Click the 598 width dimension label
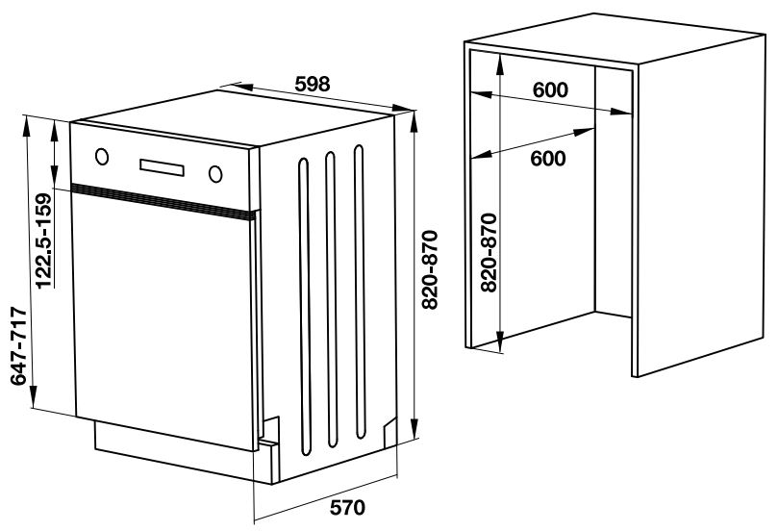pos(313,84)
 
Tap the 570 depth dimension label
pos(347,507)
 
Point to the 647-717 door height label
pos(18,346)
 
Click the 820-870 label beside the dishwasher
pos(430,270)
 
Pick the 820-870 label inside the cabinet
pos(489,253)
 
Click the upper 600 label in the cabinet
pos(550,89)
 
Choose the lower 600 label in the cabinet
pos(548,159)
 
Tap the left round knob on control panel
pos(102,157)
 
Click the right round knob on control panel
pos(215,174)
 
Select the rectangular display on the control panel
pos(162,167)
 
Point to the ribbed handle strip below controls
pos(163,201)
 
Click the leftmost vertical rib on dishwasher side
pos(304,307)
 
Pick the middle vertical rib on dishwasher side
pos(332,299)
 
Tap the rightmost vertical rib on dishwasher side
pos(360,291)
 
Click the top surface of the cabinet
pos(614,38)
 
